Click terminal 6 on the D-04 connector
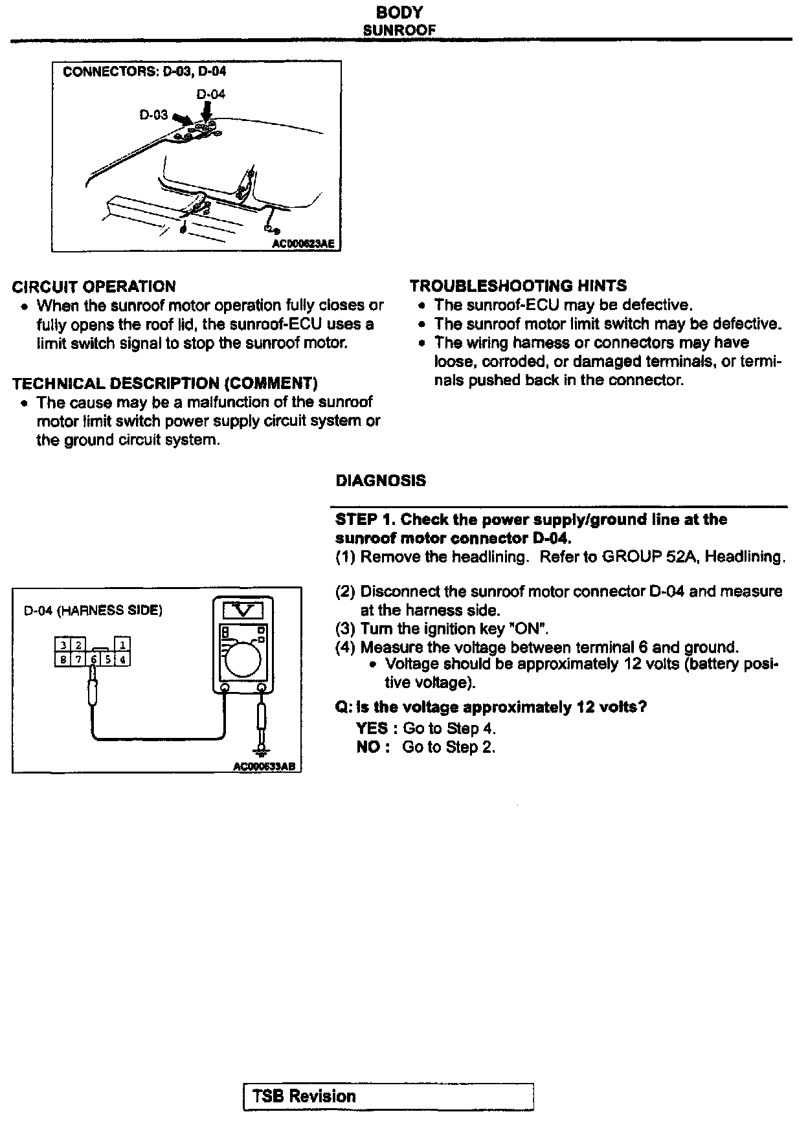coord(94,660)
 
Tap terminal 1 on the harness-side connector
coord(122,645)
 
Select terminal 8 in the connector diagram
coord(63,660)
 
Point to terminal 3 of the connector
coord(63,645)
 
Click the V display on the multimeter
coord(243,610)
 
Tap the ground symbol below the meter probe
coord(262,750)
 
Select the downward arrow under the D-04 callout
coord(207,112)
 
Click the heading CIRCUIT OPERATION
coord(94,287)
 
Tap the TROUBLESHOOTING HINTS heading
coord(518,286)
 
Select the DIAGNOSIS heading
coord(381,481)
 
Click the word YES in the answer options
coord(372,728)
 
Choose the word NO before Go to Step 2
coord(368,747)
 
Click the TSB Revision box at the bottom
coord(388,1096)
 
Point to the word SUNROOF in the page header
coord(399,30)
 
